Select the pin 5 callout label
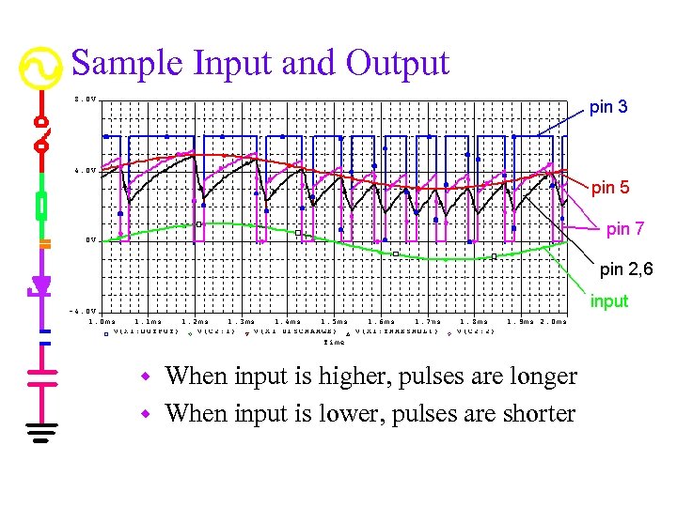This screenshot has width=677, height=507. pyautogui.click(x=610, y=189)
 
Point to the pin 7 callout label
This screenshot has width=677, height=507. pyautogui.click(x=625, y=228)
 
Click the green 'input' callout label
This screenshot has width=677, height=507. pyautogui.click(x=609, y=302)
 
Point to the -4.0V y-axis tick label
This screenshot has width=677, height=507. pyautogui.click(x=83, y=311)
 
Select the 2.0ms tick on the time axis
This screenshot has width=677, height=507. pyautogui.click(x=555, y=322)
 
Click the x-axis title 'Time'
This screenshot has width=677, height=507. pyautogui.click(x=334, y=342)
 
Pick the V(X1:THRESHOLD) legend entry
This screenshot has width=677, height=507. pyautogui.click(x=386, y=331)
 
